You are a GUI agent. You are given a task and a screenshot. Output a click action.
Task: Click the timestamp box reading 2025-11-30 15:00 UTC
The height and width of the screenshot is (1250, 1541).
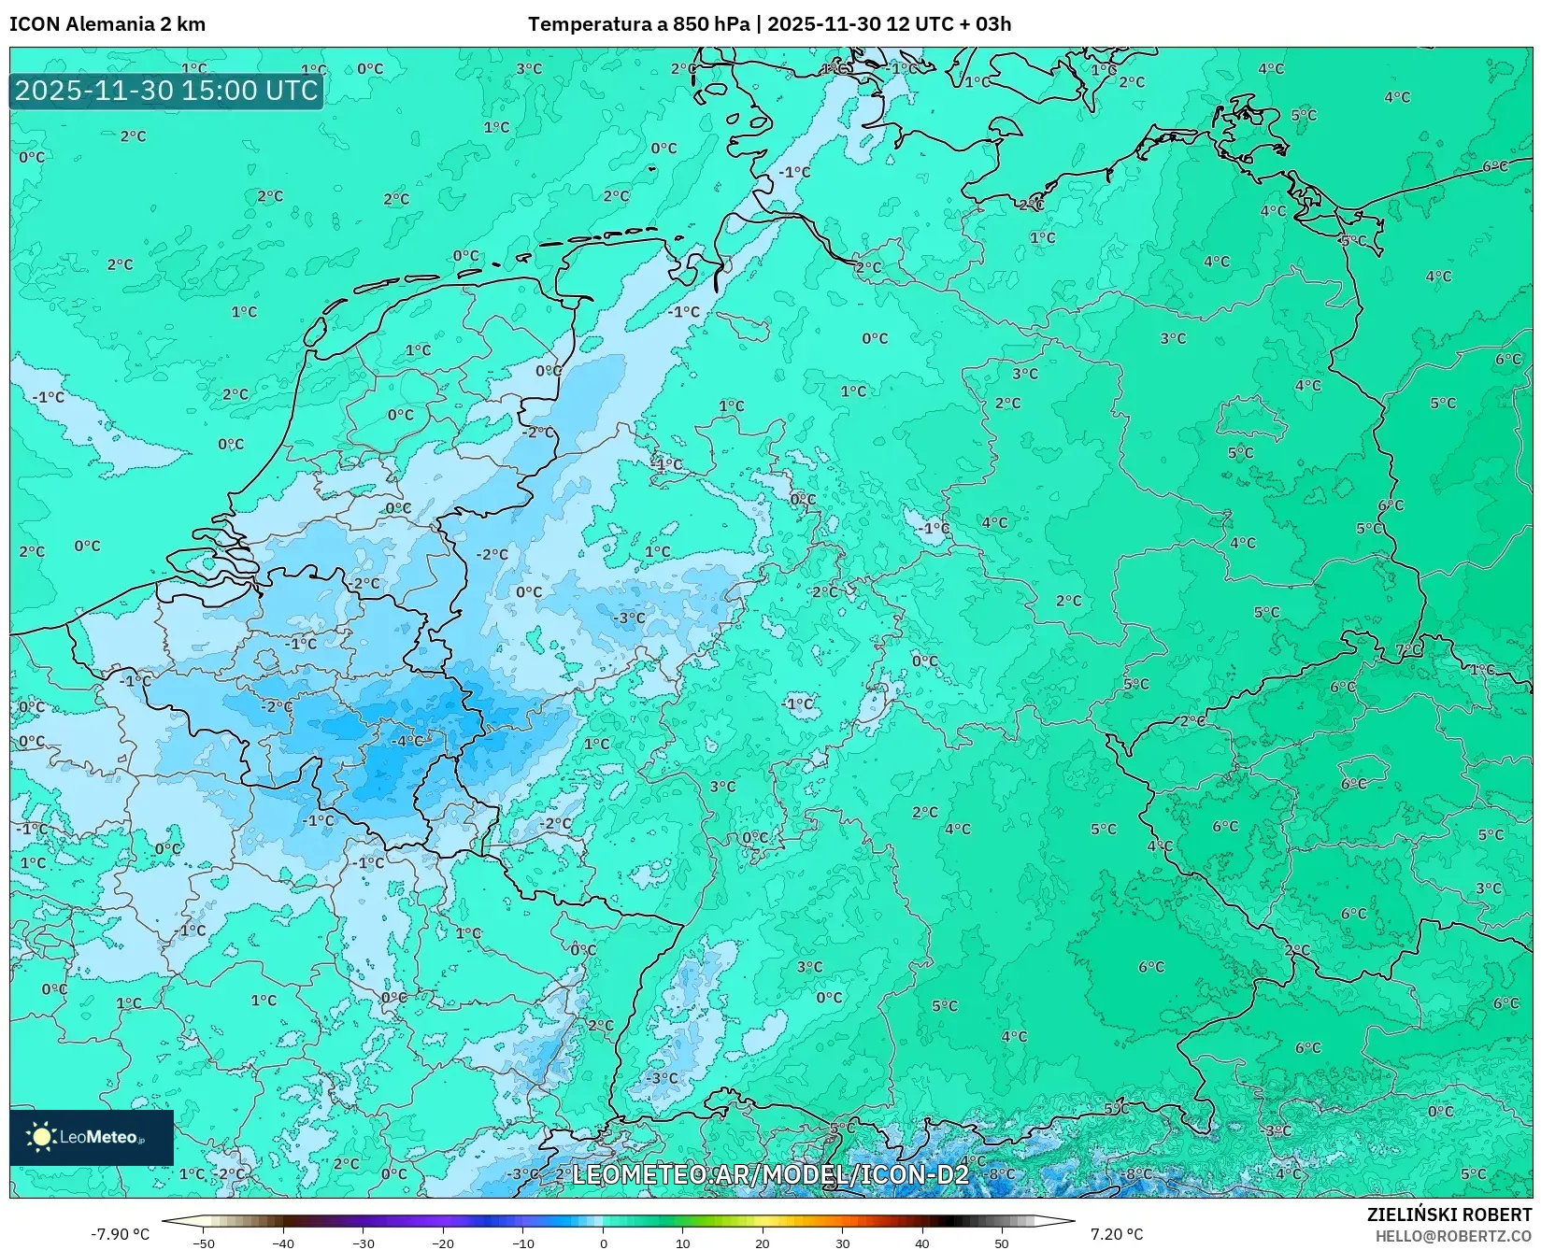[166, 91]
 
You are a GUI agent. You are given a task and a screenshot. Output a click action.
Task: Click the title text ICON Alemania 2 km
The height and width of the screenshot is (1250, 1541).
[107, 24]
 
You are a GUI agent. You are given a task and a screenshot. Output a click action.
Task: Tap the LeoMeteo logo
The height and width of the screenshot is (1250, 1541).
[92, 1137]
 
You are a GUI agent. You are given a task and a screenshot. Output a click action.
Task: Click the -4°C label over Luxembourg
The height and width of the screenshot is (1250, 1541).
[407, 741]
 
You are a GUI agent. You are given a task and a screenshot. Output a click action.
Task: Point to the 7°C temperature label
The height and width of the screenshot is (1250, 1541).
[1408, 649]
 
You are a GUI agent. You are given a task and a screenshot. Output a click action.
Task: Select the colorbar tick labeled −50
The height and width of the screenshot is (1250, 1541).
[203, 1243]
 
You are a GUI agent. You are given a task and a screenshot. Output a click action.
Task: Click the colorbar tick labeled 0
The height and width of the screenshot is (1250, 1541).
[603, 1243]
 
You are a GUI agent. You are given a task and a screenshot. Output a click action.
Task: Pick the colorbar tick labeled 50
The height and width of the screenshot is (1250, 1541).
[1002, 1243]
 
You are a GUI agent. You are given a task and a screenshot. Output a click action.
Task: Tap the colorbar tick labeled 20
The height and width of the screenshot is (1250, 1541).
[763, 1243]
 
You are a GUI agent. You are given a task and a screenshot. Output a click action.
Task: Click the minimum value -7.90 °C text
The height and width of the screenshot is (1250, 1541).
[120, 1234]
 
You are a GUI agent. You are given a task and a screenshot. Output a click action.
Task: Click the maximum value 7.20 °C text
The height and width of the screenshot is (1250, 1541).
[1117, 1234]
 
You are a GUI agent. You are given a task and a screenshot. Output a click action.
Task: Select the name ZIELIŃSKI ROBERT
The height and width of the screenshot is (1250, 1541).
[1449, 1214]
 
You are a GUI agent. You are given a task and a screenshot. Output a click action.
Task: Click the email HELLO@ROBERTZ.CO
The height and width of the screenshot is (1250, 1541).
[1453, 1236]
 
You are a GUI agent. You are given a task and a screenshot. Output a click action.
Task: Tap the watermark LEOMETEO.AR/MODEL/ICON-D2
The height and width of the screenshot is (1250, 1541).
[770, 1174]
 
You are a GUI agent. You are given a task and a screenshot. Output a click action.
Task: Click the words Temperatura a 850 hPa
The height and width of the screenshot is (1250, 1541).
[638, 24]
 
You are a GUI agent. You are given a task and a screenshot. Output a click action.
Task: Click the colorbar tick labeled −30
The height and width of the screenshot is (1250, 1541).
[364, 1243]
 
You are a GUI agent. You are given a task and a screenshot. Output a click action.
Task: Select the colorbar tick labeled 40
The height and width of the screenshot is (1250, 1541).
[922, 1243]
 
